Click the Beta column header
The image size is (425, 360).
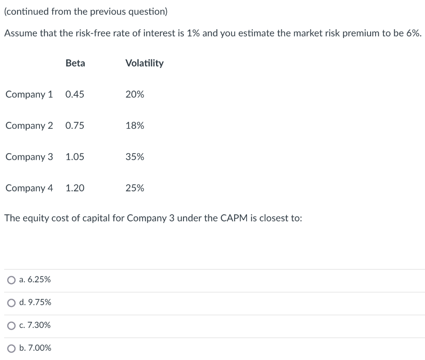[x=75, y=63]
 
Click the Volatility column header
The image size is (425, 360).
[x=144, y=63]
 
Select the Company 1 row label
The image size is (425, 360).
[x=29, y=94]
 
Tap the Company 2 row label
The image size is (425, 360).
[x=29, y=125]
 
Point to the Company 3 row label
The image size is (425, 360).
[x=29, y=157]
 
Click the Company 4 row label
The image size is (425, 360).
[x=29, y=188]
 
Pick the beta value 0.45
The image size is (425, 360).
[x=75, y=94]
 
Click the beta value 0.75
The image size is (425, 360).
[x=75, y=125]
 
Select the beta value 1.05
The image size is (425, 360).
[x=75, y=157]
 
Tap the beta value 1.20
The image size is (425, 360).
[x=75, y=188]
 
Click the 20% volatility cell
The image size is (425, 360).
[x=135, y=94]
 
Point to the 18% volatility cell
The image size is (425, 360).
[x=135, y=125]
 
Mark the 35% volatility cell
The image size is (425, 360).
[x=135, y=157]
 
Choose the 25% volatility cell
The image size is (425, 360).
[x=135, y=188]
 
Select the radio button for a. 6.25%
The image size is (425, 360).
[x=11, y=280]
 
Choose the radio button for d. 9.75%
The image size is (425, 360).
[x=11, y=303]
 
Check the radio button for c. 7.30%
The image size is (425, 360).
[x=11, y=326]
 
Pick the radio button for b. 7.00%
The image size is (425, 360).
[x=11, y=348]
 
